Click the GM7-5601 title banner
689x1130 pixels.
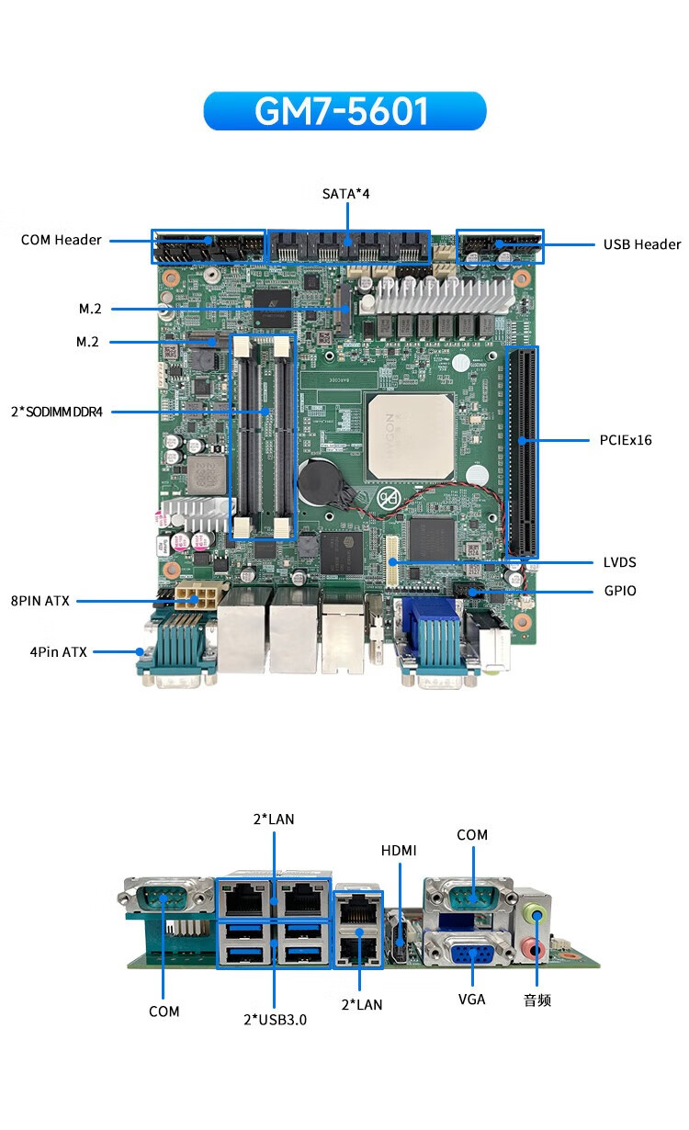tap(344, 111)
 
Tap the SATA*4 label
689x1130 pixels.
tap(346, 194)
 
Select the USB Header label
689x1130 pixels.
tap(642, 244)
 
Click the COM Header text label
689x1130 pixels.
tap(61, 240)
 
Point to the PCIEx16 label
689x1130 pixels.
tap(626, 440)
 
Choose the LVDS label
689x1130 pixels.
tap(619, 562)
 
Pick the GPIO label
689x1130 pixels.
tap(620, 591)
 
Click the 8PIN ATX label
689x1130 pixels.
tap(40, 601)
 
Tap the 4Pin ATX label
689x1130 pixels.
tap(59, 652)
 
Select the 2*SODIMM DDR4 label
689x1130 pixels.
tap(57, 412)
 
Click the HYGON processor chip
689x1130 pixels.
tap(411, 437)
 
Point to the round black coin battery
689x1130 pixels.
tap(321, 480)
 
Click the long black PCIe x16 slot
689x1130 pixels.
tap(523, 452)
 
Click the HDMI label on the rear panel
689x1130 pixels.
tap(399, 851)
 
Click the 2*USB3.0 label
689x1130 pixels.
tap(275, 1020)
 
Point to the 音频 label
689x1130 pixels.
tap(537, 1000)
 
